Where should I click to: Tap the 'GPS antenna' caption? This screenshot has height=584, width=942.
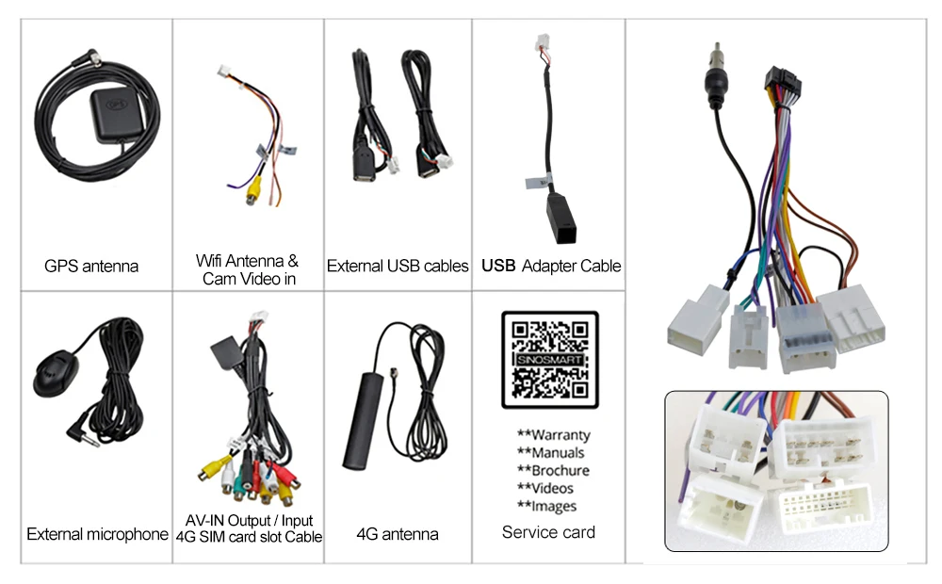pos(91,267)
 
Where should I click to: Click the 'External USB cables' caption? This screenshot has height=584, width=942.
pos(397,267)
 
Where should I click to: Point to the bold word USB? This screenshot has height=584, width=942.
pos(498,267)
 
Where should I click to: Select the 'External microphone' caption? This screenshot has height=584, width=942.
pos(97,535)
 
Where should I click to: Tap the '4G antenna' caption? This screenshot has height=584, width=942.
pos(397,534)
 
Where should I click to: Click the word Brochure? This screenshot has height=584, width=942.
pos(560,471)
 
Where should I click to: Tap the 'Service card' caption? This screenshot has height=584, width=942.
pos(548,532)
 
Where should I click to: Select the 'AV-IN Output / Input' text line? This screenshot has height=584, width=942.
pos(249,521)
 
